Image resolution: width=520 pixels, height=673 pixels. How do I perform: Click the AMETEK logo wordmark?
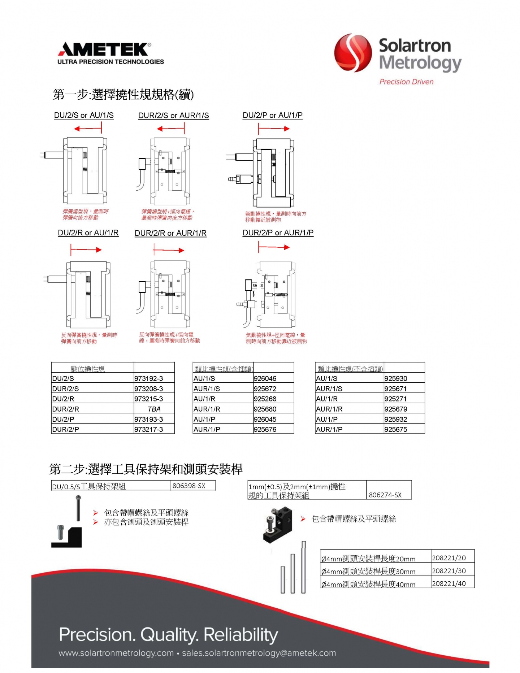point(105,49)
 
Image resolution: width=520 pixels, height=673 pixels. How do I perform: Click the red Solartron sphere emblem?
point(352,53)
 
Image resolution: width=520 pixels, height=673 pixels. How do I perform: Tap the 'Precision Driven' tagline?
point(406,82)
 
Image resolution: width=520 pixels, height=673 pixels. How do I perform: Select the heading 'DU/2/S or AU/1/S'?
point(84,116)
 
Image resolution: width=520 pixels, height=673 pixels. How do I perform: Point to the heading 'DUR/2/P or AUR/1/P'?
point(278,233)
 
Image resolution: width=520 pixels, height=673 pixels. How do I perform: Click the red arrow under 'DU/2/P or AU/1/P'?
point(274,129)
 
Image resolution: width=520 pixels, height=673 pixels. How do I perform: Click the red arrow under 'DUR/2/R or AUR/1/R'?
point(169,250)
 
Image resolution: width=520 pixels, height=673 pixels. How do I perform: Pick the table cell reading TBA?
point(154,409)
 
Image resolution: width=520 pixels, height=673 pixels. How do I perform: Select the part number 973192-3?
point(148,378)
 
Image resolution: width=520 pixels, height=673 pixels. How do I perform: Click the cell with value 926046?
point(265,378)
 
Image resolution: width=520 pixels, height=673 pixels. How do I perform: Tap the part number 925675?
point(395,429)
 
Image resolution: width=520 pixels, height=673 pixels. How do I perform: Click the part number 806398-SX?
point(189,486)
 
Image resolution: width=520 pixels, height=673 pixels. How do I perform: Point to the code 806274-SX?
point(385,495)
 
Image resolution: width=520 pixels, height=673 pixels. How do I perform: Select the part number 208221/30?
point(449,571)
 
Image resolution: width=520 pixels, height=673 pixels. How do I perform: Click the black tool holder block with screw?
point(277,524)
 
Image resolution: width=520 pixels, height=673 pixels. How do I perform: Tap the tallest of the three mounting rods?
point(304,567)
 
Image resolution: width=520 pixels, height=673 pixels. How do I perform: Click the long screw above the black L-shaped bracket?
point(78,508)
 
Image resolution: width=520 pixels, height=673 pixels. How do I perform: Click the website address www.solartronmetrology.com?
point(116,653)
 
